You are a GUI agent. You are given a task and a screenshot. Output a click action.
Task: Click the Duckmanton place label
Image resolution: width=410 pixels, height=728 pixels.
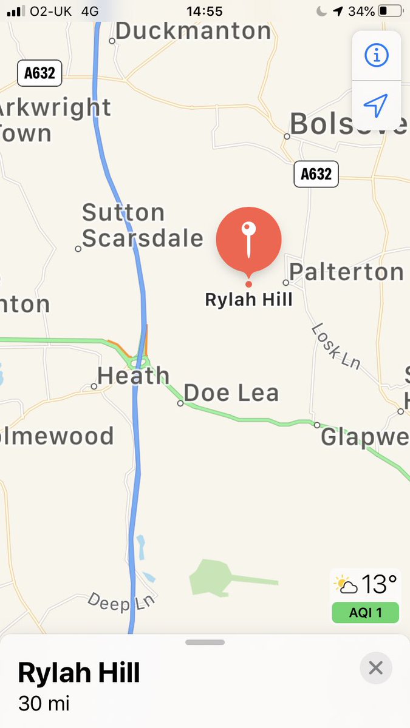tap(193, 31)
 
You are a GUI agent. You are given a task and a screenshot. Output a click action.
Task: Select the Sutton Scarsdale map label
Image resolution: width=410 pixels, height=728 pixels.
tap(142, 226)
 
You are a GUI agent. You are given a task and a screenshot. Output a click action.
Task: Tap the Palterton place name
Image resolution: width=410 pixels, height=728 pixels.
tap(347, 272)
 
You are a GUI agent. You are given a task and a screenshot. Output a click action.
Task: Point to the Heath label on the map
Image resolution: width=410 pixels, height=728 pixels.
tap(133, 376)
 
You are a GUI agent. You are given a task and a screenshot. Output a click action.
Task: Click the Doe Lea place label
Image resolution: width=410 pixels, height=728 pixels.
tap(231, 393)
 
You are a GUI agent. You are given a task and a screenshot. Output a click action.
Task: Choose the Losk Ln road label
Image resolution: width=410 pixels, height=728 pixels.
tap(336, 346)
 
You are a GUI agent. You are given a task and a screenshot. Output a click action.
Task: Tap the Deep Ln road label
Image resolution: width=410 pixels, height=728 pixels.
tap(121, 601)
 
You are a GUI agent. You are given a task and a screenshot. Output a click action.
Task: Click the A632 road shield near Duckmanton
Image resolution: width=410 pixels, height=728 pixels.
tap(39, 73)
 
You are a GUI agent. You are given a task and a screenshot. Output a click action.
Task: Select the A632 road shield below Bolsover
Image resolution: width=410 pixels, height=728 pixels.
tap(316, 174)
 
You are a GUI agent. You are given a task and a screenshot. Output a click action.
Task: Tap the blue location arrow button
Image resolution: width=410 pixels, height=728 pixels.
tap(376, 106)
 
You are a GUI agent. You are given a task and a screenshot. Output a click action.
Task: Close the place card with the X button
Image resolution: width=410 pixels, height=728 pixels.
tap(376, 668)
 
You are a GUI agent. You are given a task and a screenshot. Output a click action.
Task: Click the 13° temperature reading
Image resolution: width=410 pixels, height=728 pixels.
tap(379, 585)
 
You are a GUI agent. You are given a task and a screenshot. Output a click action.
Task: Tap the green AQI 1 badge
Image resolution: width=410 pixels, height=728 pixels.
tap(365, 613)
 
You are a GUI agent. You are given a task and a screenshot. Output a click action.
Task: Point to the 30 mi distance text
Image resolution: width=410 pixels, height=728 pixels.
tap(44, 704)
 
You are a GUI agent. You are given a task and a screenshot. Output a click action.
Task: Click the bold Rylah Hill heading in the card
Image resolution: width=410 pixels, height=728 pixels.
tap(79, 673)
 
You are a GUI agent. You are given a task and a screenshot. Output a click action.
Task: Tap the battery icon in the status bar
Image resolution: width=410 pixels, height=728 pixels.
tap(390, 11)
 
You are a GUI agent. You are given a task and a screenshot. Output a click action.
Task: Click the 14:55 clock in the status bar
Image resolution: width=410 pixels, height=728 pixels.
tap(205, 11)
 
